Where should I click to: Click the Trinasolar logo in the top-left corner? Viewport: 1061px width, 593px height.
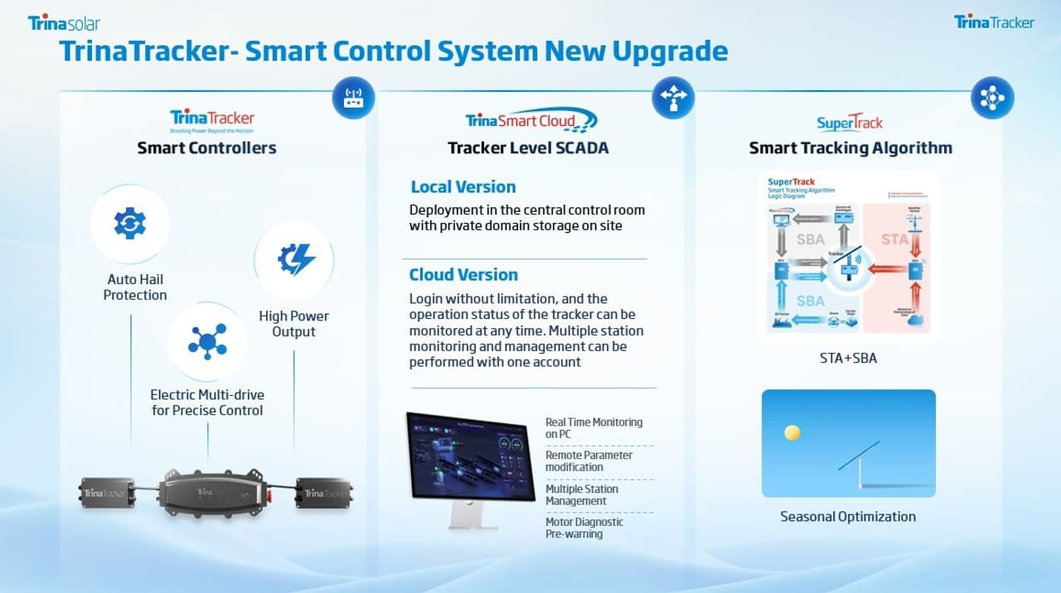(64, 22)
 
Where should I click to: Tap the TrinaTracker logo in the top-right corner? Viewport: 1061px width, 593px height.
(994, 22)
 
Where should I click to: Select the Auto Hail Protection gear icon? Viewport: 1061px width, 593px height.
(130, 224)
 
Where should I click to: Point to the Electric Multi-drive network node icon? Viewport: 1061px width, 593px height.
(207, 341)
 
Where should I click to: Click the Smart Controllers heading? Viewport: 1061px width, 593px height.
(206, 148)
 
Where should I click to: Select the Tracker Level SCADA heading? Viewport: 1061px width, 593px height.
(528, 148)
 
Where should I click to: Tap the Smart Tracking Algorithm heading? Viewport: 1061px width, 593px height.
(850, 148)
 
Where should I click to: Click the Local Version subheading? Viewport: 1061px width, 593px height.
(463, 187)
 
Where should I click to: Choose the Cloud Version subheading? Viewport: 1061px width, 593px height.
(463, 275)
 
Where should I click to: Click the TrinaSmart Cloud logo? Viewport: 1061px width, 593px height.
(531, 121)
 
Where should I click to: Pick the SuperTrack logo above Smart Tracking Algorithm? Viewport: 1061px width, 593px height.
(850, 123)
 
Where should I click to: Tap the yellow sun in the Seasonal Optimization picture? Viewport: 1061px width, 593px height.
(792, 432)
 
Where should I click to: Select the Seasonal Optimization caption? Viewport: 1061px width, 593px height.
(848, 517)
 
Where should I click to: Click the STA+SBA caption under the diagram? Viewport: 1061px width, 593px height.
(848, 359)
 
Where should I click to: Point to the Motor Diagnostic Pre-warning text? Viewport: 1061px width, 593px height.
(584, 528)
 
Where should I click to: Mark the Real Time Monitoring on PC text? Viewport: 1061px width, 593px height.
(593, 428)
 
